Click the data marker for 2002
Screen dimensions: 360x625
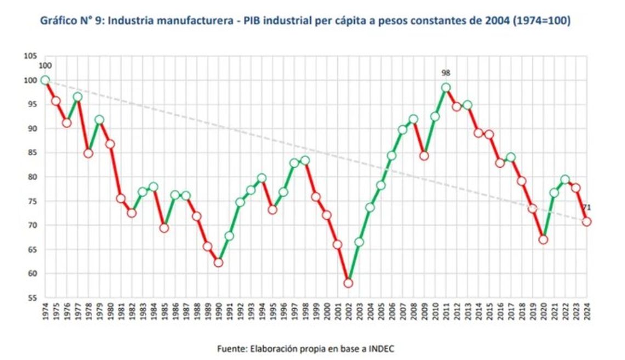[348, 283]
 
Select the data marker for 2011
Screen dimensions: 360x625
[446, 88]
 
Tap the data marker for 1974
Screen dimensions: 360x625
[45, 80]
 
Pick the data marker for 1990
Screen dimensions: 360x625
[218, 262]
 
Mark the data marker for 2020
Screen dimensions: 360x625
[543, 239]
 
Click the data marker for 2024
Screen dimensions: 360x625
[587, 221]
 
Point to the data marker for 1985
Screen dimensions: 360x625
[164, 228]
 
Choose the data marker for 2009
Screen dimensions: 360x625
[424, 156]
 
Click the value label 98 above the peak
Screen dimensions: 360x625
[446, 73]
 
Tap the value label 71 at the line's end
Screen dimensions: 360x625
[587, 207]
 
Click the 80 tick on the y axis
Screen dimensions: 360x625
[32, 176]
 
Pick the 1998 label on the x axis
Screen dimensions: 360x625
[305, 312]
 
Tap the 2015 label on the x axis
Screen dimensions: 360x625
[490, 312]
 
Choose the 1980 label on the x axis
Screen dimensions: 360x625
[110, 312]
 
